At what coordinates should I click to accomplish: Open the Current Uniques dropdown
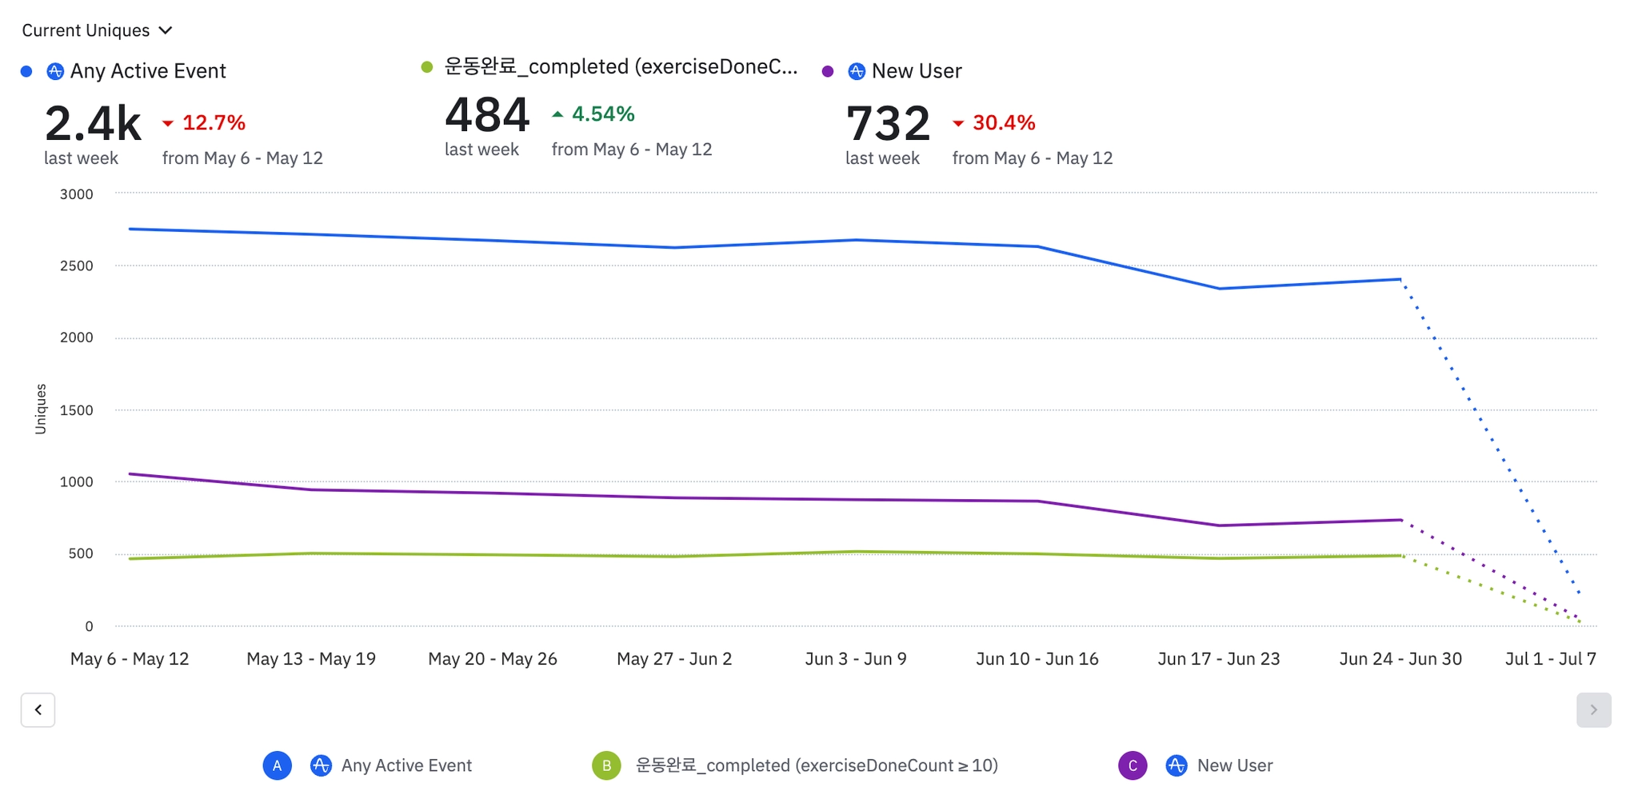[97, 30]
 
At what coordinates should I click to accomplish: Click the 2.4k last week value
[93, 124]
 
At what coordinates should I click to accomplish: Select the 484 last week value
[487, 115]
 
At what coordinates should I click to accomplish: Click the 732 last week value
[888, 124]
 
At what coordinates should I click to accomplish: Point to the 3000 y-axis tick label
[77, 194]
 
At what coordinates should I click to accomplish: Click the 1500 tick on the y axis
[77, 410]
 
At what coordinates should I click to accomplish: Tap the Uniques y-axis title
[41, 409]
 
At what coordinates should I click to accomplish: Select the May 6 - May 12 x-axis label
[130, 659]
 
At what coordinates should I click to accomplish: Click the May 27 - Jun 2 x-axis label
[674, 659]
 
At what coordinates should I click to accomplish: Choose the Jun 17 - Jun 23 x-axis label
[1218, 659]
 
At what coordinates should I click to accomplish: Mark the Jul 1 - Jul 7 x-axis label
[1550, 659]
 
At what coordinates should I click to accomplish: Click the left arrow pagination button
[38, 709]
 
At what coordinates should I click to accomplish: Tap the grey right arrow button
[1593, 709]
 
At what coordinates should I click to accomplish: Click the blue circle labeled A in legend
[277, 765]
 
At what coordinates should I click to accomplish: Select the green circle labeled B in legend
[606, 765]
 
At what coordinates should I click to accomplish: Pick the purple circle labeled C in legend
[1133, 765]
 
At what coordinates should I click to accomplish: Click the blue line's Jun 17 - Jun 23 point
[1219, 289]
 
